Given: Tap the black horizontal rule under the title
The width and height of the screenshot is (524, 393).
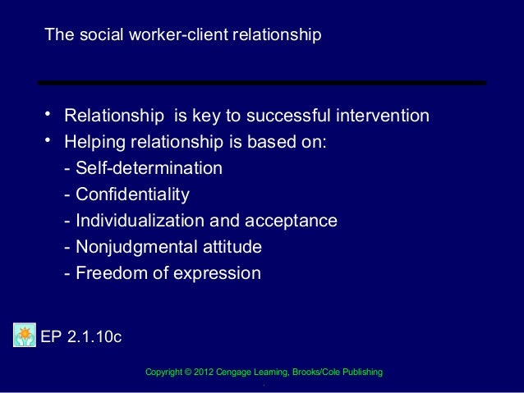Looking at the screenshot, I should coord(261,83).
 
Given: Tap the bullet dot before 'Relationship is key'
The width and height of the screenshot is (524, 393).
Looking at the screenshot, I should coord(48,113).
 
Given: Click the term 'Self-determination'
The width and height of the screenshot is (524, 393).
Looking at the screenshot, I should coord(149,168).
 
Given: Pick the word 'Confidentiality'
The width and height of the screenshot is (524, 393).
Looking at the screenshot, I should coord(132,194).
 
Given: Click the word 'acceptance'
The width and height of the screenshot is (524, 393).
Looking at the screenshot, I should coord(293,221).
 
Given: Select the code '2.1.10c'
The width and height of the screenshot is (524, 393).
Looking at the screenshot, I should coord(94,336).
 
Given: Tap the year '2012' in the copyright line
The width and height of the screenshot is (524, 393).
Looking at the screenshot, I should coord(205,373).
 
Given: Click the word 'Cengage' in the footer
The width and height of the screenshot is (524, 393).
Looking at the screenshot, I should coord(236,373).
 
